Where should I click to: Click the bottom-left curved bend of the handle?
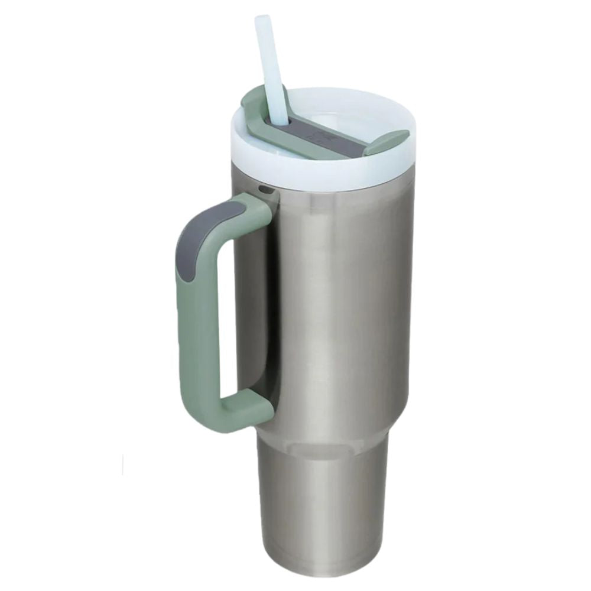pyautogui.click(x=201, y=408)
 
